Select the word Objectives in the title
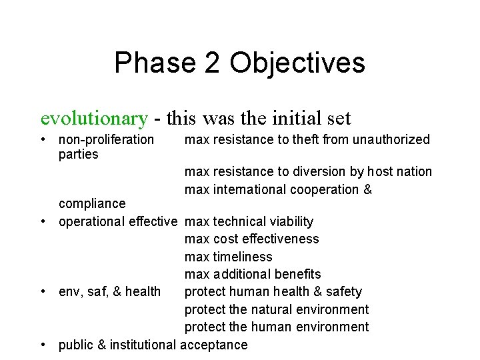297,63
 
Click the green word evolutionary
93,118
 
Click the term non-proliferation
106,140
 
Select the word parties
78,155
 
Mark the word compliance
92,203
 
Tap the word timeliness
243,257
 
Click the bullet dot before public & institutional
44,345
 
